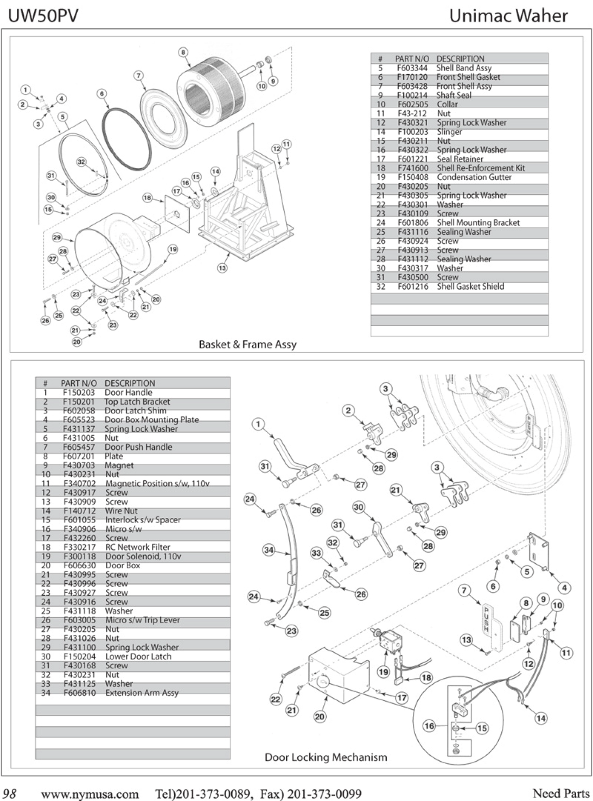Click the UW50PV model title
click(43, 16)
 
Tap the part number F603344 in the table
click(412, 68)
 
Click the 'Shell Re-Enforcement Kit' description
click(481, 168)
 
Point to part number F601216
click(412, 286)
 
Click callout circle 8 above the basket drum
click(183, 52)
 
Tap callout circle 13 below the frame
click(222, 268)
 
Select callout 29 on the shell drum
click(57, 237)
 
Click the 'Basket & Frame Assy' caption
click(247, 344)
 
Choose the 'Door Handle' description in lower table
click(128, 392)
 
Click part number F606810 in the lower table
click(80, 693)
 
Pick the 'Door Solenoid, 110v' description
click(143, 556)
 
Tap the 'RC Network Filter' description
click(137, 547)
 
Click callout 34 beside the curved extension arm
click(269, 550)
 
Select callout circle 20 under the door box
click(320, 717)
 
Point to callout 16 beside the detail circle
click(429, 726)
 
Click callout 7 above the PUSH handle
click(464, 591)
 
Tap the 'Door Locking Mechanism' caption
click(326, 757)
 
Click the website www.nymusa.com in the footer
click(89, 794)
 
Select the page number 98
click(10, 794)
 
